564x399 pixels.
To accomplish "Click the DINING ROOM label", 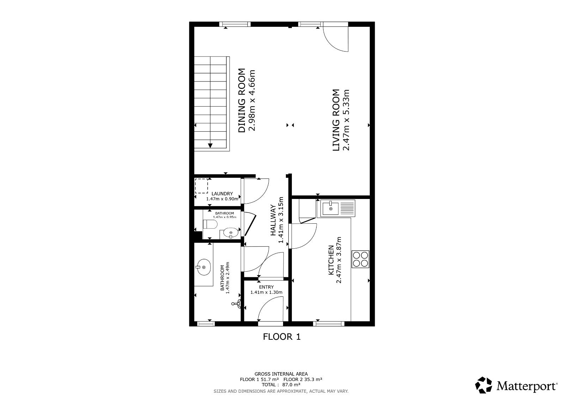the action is point(242,100).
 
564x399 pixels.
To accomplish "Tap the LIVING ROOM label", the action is point(336,120).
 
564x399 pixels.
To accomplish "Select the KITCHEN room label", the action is point(331,260).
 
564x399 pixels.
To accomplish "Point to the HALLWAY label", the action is point(273,220).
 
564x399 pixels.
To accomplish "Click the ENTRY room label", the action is point(266,287).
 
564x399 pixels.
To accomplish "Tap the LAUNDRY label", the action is point(222,194).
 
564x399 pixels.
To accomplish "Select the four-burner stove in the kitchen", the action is point(360,259).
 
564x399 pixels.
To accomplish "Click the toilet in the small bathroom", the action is point(210,224).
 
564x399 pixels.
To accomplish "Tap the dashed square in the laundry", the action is point(201,186).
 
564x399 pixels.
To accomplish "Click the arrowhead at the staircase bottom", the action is point(210,145).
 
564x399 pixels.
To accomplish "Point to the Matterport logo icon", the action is point(483,385).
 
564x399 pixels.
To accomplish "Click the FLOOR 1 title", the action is point(282,337).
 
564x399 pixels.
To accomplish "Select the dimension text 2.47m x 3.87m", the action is point(339,260).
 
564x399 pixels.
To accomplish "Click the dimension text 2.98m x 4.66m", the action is point(252,100).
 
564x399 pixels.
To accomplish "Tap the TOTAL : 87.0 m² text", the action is point(281,385).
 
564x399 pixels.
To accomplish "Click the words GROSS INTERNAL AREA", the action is point(281,374).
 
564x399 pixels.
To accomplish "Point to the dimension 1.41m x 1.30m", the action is point(266,292).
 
